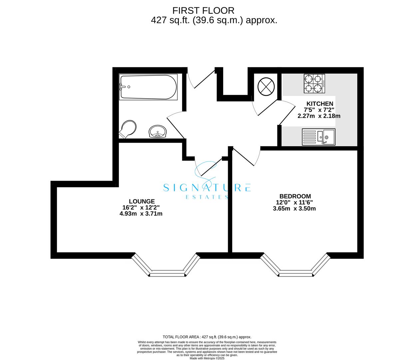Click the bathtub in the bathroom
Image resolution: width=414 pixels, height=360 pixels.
click(148, 87)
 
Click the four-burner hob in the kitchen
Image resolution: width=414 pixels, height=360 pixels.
click(314, 83)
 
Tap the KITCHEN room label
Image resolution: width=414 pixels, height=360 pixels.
click(320, 104)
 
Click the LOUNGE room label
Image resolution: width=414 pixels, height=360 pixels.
click(142, 201)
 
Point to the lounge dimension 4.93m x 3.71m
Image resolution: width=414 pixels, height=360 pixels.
click(141, 214)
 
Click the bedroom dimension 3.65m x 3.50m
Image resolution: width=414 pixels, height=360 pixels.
click(294, 209)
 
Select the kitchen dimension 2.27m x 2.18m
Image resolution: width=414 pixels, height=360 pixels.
click(319, 116)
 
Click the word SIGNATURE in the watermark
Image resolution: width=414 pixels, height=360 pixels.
click(207, 188)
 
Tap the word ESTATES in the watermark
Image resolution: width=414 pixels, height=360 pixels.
click(207, 197)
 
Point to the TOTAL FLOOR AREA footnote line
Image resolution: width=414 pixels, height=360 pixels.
click(207, 337)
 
